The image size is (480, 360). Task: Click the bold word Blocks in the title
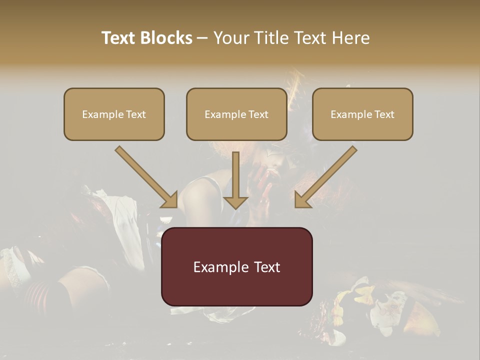coord(167,38)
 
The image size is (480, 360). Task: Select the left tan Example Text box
coord(114,114)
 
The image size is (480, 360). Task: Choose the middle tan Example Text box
coord(236,114)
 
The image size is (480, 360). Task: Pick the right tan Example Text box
coord(362,114)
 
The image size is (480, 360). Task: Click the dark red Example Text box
coord(236,266)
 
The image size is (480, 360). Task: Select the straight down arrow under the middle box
coord(236,175)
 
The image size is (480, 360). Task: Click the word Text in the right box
coord(384,114)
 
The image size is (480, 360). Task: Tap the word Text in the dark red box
coord(268,267)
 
